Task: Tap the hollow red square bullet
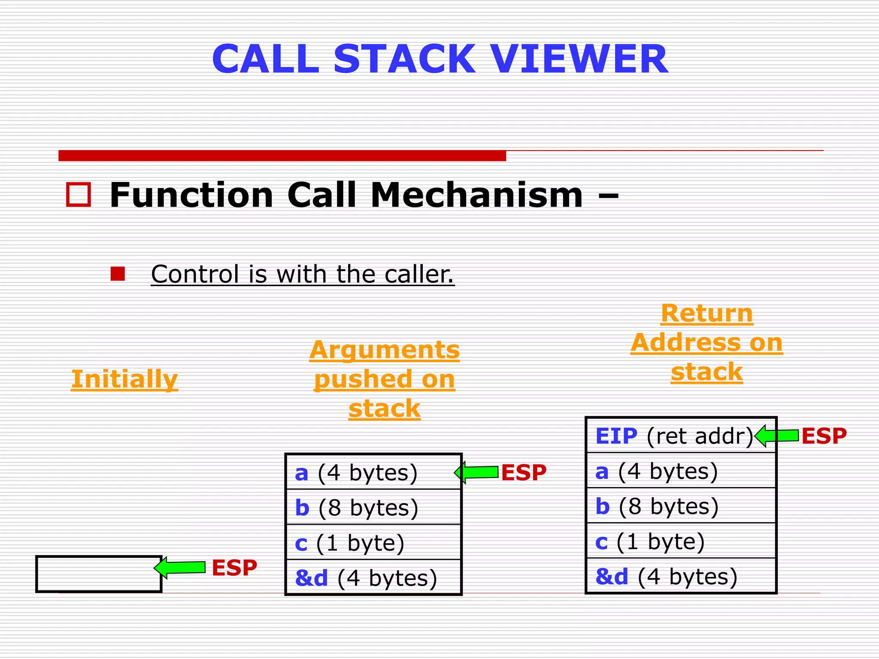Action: coord(79,195)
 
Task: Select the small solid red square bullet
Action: coord(118,274)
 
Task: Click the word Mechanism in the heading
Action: coord(476,195)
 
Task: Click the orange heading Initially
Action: coord(124,379)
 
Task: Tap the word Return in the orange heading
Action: coord(706,313)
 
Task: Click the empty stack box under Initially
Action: coord(99,574)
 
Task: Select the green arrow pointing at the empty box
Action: coord(180,567)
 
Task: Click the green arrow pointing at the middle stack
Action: coord(477,472)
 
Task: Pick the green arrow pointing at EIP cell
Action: coord(777,436)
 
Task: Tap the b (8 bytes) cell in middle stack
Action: coord(373,508)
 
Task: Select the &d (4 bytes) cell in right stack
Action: coord(681,576)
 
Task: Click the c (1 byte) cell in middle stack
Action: coord(373,543)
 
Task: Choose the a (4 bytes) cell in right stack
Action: coord(681,471)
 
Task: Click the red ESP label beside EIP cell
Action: coord(824,436)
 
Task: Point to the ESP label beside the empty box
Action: coord(234,568)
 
